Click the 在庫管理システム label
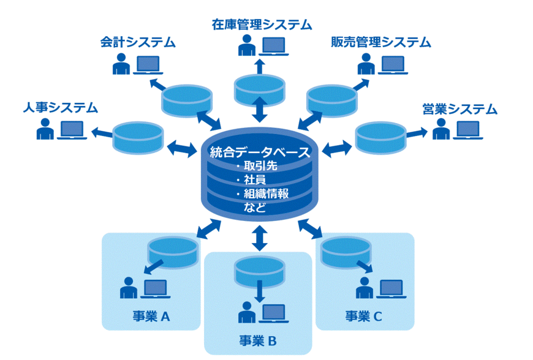262,24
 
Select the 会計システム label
138,42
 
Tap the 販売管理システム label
380,42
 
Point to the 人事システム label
61,108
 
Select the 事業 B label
258,341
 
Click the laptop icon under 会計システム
148,64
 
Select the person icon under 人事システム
44,129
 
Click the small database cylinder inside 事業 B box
259,268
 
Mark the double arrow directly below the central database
260,237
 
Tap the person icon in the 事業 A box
128,288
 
